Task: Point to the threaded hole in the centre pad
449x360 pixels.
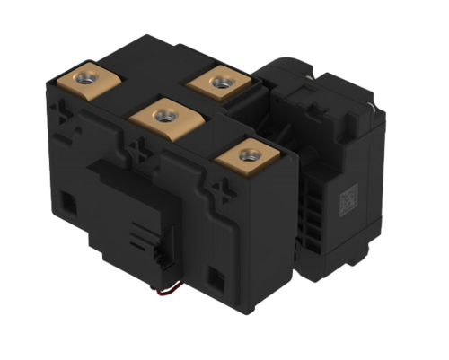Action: tap(164, 115)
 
